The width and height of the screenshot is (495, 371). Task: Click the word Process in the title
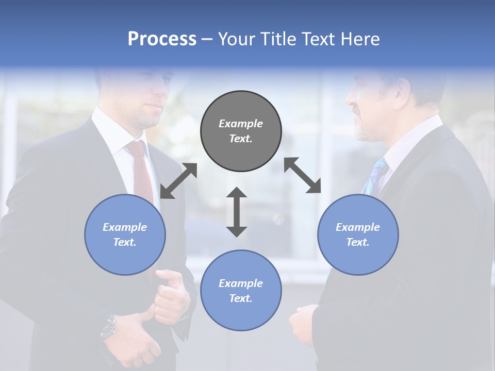pos(162,39)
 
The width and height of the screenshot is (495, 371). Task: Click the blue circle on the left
pos(125,234)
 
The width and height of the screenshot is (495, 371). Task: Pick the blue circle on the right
pos(358,234)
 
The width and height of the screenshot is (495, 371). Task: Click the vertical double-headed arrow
pos(237,212)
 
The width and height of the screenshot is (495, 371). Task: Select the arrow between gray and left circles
pos(178,181)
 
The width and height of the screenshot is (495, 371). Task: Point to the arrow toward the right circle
pos(302,175)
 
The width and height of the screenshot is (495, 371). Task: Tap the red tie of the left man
pos(140,170)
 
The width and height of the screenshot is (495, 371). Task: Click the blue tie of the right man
pos(375,175)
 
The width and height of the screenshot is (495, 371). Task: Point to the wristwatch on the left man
pos(108,327)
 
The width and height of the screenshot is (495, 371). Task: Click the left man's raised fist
pos(170,296)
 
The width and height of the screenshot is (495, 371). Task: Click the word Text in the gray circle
pos(240,139)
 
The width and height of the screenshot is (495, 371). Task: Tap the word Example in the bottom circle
pos(241,283)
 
